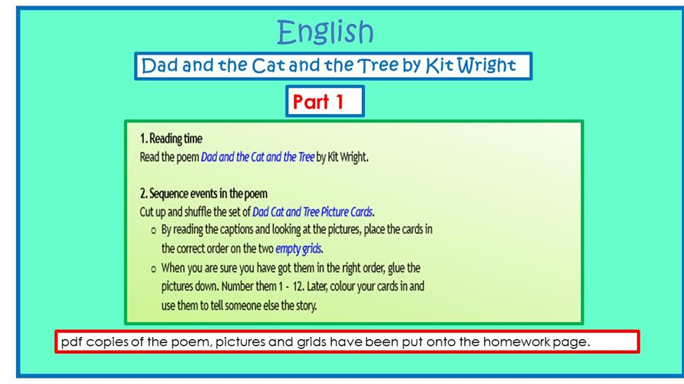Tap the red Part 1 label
coord(318,102)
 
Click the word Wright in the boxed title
coord(487,66)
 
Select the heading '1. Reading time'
coord(171,139)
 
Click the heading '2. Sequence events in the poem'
coord(203,193)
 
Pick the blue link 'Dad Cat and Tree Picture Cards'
coord(312,212)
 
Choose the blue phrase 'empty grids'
coord(298,249)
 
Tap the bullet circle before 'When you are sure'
coord(153,269)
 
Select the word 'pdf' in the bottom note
coord(72,342)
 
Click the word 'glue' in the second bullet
coord(396,268)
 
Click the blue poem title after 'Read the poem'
coord(257,157)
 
